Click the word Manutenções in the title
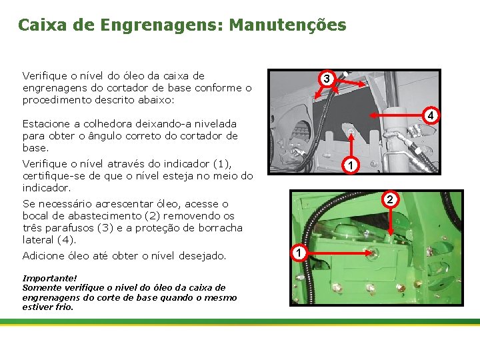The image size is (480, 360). click(x=287, y=25)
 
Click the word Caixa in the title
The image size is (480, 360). click(x=42, y=25)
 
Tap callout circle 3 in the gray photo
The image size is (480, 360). click(x=326, y=79)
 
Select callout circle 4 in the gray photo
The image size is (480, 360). click(x=431, y=115)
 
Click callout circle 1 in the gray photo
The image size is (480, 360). click(x=351, y=165)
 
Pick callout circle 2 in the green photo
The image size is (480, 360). click(x=390, y=199)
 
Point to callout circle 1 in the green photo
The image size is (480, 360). click(x=299, y=253)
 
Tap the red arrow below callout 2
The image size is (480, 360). click(x=390, y=221)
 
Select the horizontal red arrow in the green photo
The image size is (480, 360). click(x=339, y=253)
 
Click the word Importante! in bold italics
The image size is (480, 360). click(x=49, y=278)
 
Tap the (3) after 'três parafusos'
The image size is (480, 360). click(x=105, y=228)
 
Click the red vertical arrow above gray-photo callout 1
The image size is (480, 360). click(x=351, y=145)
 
